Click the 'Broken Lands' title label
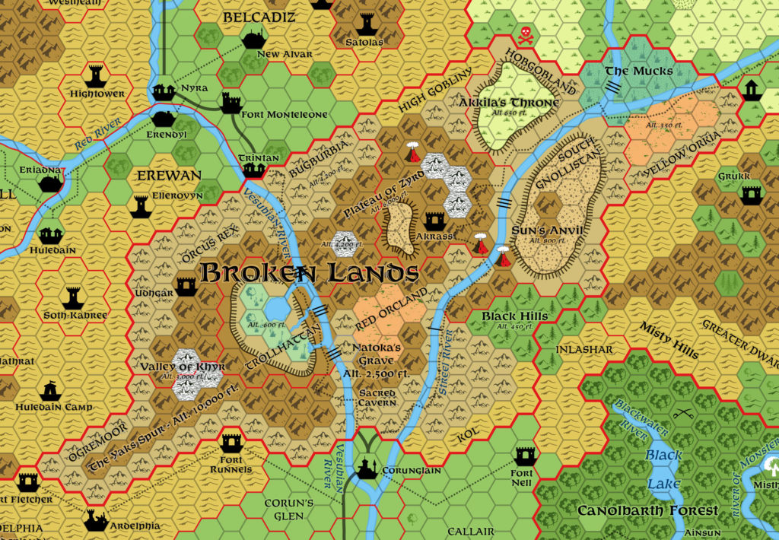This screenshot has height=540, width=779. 310,272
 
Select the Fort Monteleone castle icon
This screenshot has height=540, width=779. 231,102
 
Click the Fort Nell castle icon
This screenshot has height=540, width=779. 525,456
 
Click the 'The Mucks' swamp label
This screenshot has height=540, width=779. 638,71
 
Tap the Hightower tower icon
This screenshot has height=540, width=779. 96,75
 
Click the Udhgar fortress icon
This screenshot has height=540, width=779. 186,285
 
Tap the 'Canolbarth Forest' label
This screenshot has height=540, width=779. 647,510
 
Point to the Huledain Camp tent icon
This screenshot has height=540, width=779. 49,390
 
